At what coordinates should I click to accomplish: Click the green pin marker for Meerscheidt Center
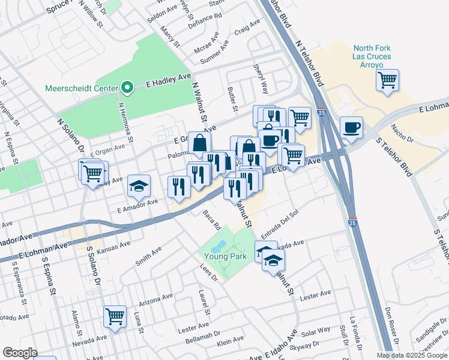click(127, 88)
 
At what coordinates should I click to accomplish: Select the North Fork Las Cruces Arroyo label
click(372, 56)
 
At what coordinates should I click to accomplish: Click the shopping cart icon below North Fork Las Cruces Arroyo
click(388, 80)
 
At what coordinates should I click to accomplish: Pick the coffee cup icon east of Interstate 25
click(352, 127)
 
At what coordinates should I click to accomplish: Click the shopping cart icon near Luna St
click(115, 316)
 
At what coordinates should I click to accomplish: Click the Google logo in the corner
click(20, 352)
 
